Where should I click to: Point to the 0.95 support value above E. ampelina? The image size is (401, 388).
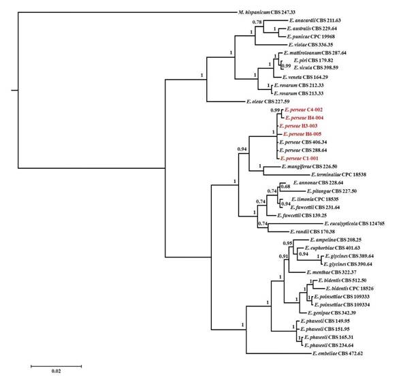287,243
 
